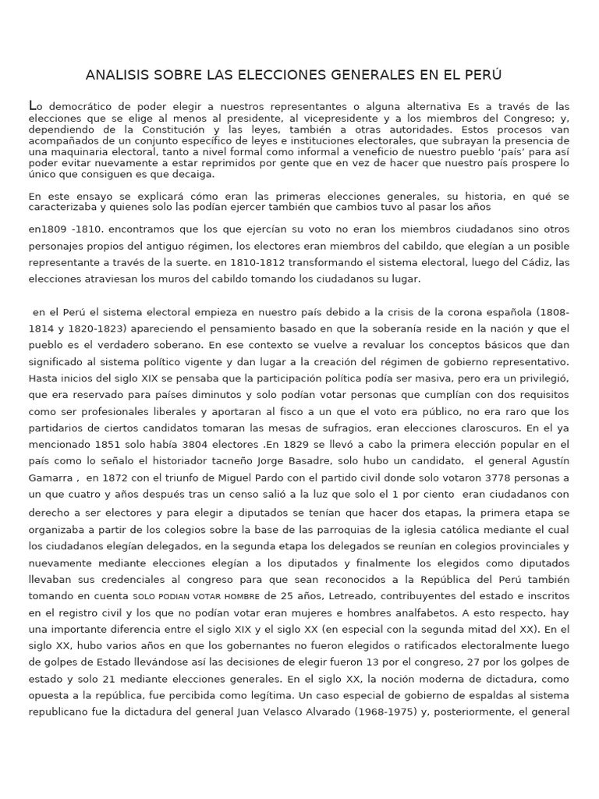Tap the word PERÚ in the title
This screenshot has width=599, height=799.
[x=483, y=75]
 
